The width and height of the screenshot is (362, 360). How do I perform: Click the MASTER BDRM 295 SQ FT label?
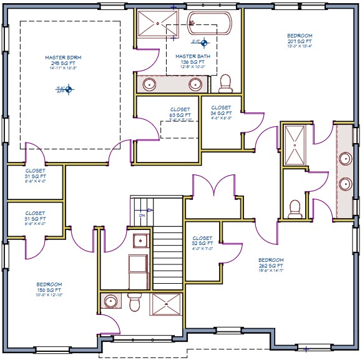69,63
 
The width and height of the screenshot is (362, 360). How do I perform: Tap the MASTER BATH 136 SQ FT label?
192,59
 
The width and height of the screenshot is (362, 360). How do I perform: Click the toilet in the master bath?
226,82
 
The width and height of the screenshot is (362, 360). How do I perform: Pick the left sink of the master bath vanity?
150,84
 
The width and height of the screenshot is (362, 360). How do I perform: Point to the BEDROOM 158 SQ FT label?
49,289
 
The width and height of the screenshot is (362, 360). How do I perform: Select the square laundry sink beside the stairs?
138,239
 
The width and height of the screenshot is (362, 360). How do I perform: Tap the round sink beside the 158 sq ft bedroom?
111,302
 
